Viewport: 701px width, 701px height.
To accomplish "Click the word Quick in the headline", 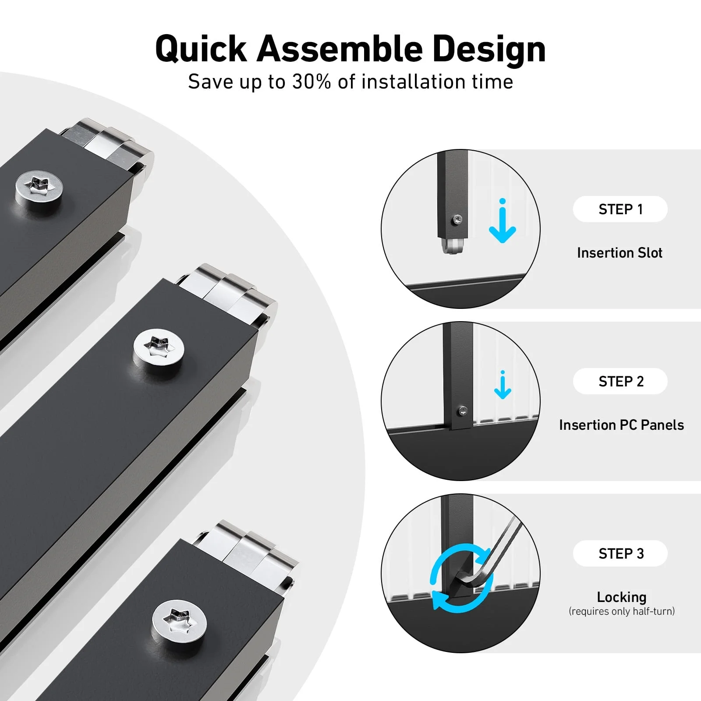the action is pos(202,50).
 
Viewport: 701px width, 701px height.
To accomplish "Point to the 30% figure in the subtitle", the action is pos(312,82).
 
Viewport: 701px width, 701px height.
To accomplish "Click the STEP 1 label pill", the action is pos(620,209).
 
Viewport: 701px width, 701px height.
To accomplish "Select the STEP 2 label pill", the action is pos(620,381).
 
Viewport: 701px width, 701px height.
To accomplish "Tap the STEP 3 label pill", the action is pos(620,553).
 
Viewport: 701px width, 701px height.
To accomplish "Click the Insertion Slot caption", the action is pos(620,253).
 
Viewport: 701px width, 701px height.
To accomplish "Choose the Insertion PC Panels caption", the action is pos(621,425).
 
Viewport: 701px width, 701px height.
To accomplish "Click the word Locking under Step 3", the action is pos(622,597).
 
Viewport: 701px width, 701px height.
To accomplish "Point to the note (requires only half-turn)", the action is pos(622,612).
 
